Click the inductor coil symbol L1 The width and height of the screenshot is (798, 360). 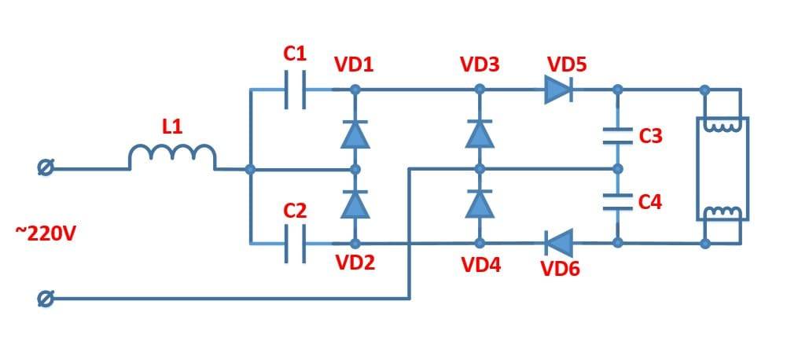coord(171,157)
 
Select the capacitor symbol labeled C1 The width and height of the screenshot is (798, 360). coord(295,90)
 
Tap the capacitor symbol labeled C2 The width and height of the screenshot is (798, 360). coord(295,244)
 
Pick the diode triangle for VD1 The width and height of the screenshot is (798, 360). coord(355,134)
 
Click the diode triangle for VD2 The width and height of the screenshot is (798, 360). coord(355,204)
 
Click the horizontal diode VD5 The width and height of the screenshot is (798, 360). coord(558,90)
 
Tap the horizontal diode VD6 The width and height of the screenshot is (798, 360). coord(558,242)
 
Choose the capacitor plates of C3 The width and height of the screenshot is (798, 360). coord(618,135)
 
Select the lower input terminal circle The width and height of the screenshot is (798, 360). coord(46,299)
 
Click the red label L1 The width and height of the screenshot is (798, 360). coord(172,126)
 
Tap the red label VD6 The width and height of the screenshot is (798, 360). coord(560,270)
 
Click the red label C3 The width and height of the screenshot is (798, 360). coord(650,137)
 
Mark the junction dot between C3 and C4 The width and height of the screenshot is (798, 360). coord(618,168)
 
